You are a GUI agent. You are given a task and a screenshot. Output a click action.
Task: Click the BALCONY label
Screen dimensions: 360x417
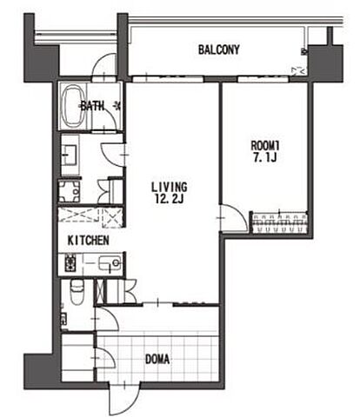click(x=219, y=50)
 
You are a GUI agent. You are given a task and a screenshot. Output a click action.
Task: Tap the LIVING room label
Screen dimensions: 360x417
click(x=170, y=187)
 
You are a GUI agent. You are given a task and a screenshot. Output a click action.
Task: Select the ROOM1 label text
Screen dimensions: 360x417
click(x=265, y=146)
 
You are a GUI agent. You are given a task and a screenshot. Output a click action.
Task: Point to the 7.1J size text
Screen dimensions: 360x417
click(x=265, y=158)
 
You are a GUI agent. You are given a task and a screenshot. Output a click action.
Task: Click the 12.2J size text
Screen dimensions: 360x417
click(x=170, y=199)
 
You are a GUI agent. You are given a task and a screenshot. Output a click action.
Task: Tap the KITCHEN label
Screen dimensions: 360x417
click(x=89, y=241)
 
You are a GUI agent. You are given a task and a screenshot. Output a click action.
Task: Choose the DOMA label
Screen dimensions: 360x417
click(x=157, y=360)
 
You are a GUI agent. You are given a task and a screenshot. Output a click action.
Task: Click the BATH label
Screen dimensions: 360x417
click(x=92, y=106)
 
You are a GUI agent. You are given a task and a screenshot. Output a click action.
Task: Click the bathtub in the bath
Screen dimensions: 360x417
click(x=73, y=106)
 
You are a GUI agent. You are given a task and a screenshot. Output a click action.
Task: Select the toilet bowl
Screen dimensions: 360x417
click(x=77, y=292)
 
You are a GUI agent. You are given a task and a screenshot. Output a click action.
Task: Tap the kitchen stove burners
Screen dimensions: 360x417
click(x=70, y=263)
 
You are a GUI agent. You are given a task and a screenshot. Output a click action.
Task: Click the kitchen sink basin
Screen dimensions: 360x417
click(x=110, y=263)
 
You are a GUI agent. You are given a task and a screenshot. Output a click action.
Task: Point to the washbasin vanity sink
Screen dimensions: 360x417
click(x=70, y=155)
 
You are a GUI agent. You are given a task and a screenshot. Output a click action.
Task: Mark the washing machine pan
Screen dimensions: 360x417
click(x=70, y=191)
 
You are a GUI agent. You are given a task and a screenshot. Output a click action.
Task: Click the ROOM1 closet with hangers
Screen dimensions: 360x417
click(x=279, y=222)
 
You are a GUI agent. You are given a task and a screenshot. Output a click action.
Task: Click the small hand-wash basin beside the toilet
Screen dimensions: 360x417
click(x=63, y=319)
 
